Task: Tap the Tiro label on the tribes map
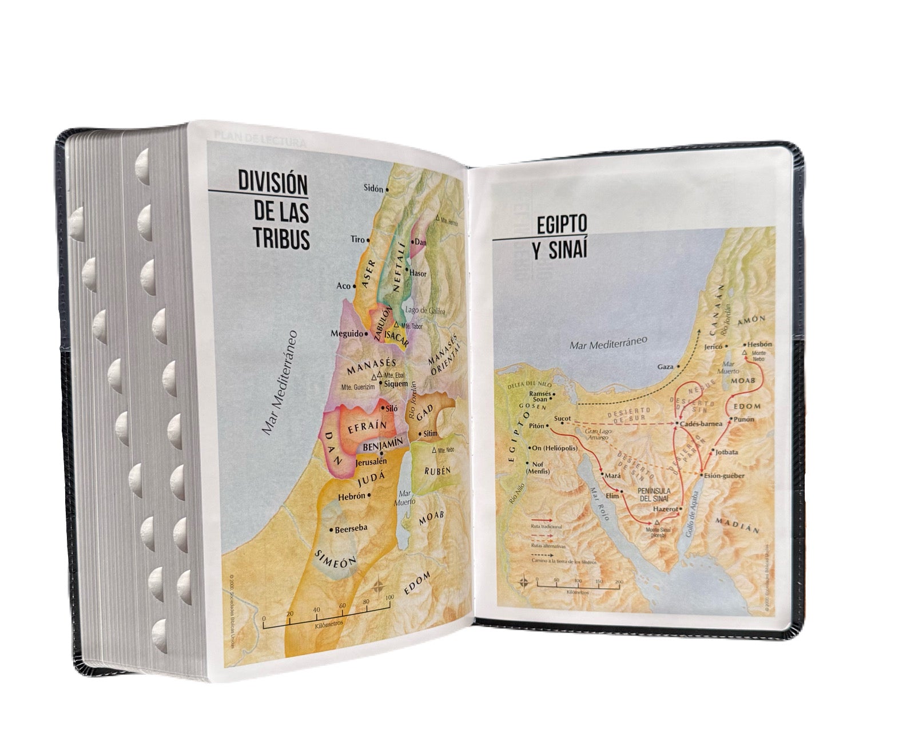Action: pos(357,240)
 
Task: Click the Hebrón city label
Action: pos(351,497)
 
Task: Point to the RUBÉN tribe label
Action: pos(438,471)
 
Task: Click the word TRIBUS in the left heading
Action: pos(282,240)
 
